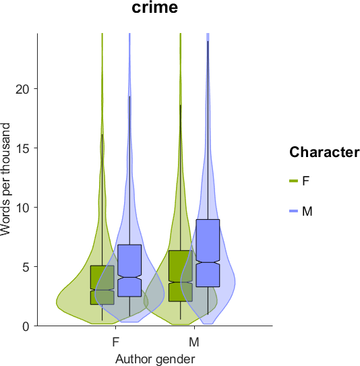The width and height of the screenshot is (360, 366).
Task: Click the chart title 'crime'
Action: (155, 7)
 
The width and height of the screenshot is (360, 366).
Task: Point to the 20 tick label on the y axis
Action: (23, 89)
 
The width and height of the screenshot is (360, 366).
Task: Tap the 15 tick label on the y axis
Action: (23, 148)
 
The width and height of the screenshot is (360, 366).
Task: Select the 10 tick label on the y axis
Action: (23, 208)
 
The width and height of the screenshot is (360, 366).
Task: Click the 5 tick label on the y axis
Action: (27, 267)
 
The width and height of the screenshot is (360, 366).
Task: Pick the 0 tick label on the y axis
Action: (27, 326)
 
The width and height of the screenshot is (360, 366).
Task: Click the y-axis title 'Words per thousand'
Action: (5, 179)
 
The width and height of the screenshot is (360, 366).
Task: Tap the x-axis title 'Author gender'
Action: (155, 359)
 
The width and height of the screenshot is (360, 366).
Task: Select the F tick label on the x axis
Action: (116, 342)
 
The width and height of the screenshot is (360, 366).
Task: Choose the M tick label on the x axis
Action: (194, 342)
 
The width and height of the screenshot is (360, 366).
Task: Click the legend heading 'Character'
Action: (324, 152)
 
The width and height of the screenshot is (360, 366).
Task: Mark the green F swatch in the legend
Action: (294, 181)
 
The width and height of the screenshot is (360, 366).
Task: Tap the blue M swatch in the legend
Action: (294, 211)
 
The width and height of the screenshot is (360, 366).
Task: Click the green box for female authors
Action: (102, 285)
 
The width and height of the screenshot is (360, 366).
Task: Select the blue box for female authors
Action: (130, 270)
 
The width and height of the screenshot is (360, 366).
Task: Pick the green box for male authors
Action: (181, 276)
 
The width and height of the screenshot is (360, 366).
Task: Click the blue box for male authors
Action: (208, 253)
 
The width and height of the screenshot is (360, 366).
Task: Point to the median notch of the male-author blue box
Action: (208, 262)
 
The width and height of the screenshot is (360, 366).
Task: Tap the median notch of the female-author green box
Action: (102, 290)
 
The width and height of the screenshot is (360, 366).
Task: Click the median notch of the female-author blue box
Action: (130, 277)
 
